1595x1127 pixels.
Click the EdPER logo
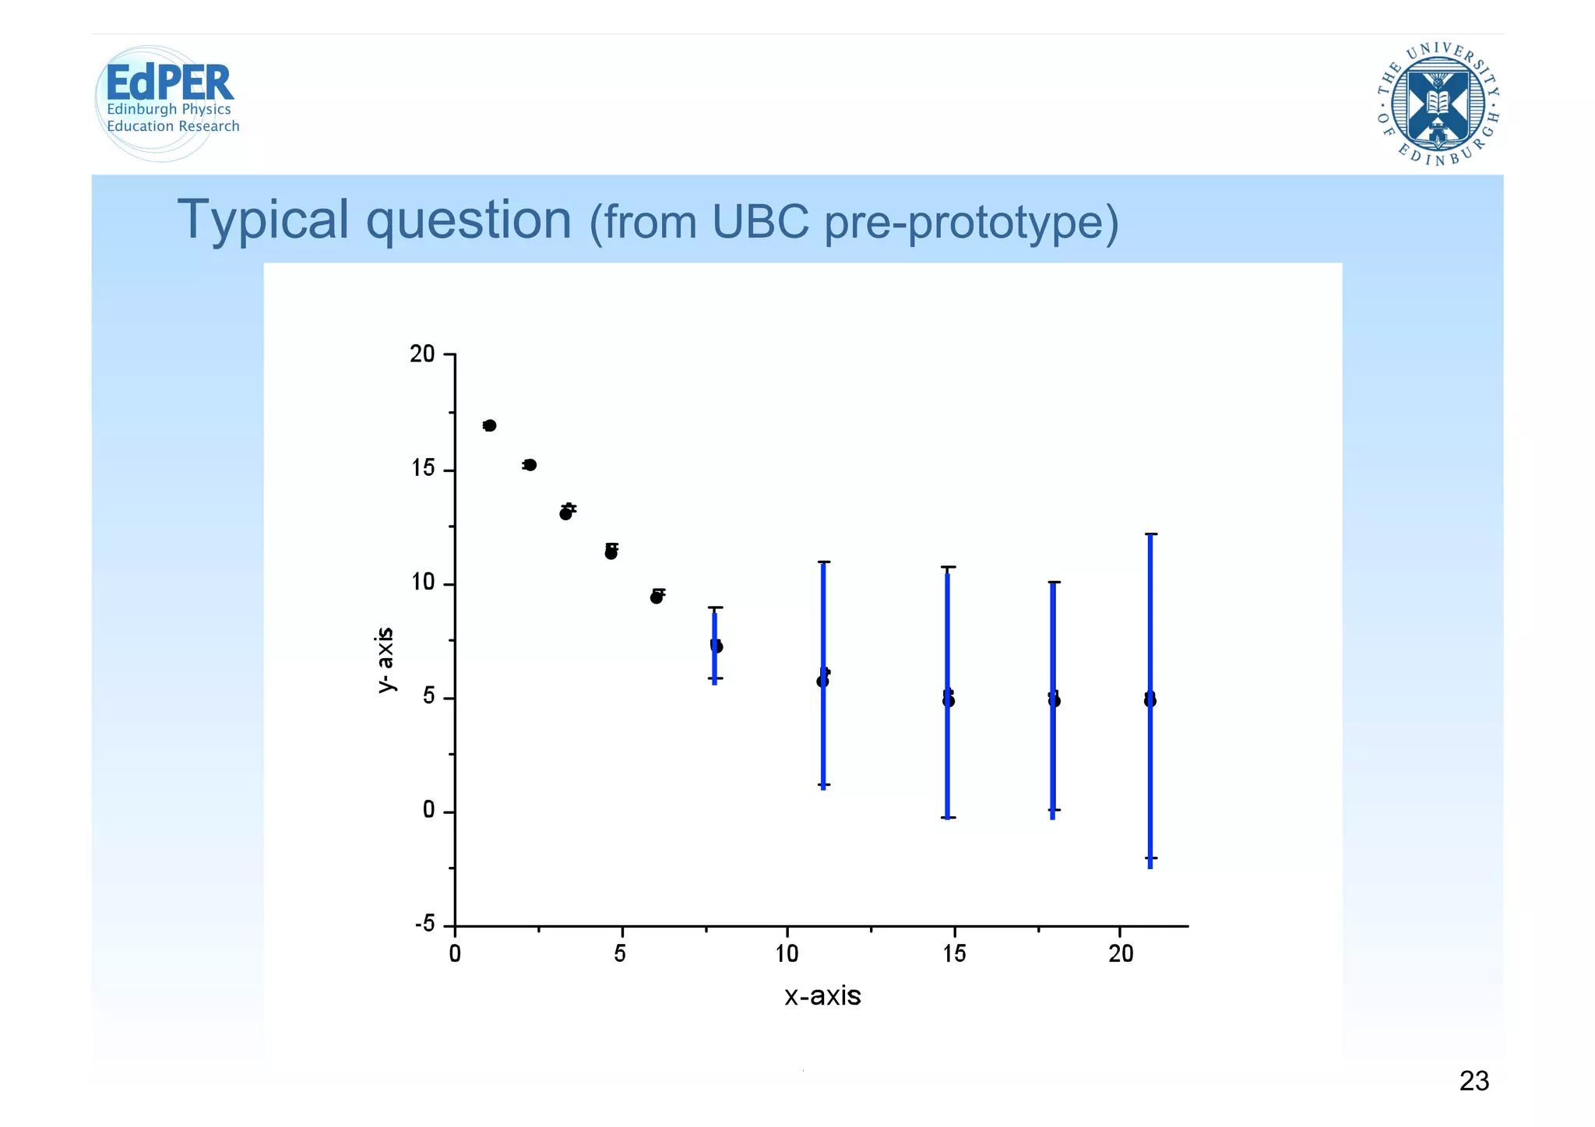tap(167, 101)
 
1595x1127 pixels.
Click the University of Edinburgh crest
tap(1438, 104)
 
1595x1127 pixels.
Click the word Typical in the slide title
tap(264, 220)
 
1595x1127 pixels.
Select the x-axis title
tap(822, 996)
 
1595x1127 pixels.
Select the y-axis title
tap(385, 660)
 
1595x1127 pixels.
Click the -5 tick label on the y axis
tap(425, 924)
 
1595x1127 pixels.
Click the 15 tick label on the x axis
tap(954, 954)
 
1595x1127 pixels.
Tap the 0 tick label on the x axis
tap(455, 954)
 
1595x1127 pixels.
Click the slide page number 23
tap(1474, 1081)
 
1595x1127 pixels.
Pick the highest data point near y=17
tap(489, 425)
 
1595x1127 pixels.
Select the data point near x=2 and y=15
tap(530, 465)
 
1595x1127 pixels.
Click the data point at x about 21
tap(1150, 700)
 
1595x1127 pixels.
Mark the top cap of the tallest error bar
tap(1151, 534)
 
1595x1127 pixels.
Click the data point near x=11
tap(822, 681)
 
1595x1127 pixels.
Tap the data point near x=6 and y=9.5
tap(657, 597)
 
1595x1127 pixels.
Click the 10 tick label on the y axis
tap(423, 583)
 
